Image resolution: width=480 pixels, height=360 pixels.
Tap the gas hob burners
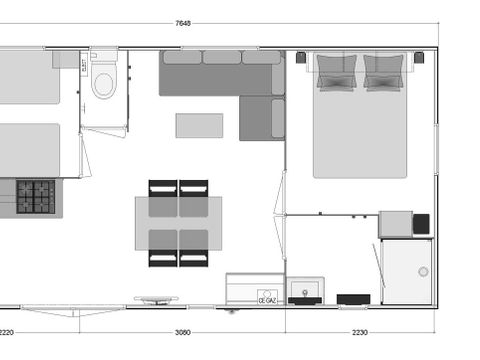35,197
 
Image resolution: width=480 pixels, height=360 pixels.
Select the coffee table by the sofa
199,125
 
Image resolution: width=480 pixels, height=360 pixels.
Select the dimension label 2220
8,332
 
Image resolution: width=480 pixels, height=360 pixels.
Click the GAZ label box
267,298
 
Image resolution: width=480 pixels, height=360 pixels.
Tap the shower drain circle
422,271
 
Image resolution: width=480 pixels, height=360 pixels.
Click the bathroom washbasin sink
305,290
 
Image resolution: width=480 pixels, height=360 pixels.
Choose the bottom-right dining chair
194,257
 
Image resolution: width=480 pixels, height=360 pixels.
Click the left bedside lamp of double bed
301,58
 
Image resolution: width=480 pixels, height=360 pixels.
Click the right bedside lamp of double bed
420,58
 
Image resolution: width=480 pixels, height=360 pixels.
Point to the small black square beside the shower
421,223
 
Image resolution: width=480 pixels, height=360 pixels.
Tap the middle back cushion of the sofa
222,57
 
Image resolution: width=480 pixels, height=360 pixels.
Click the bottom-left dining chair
163,257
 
